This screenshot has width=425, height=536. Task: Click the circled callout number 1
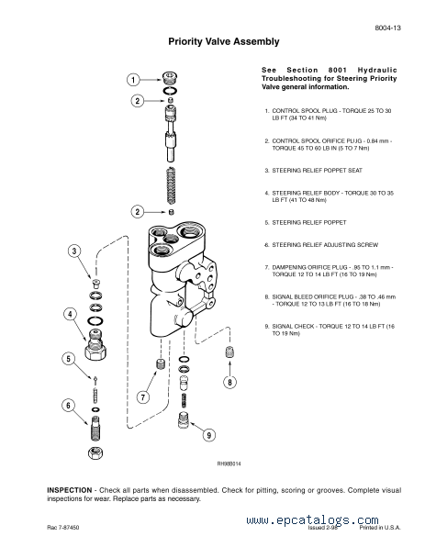click(133, 80)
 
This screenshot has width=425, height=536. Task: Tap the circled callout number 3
click(74, 251)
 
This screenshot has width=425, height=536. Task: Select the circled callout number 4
click(70, 314)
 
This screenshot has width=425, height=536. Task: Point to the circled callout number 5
click(68, 359)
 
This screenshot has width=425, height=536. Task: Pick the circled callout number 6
click(68, 406)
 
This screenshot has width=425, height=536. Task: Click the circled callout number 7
click(143, 397)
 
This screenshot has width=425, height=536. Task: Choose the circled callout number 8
click(229, 382)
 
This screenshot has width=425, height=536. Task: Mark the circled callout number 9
click(209, 435)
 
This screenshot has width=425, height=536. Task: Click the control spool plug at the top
click(170, 78)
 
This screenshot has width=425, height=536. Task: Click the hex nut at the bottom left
click(95, 453)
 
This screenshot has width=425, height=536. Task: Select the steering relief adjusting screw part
click(95, 429)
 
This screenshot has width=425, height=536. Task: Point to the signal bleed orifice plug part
click(229, 352)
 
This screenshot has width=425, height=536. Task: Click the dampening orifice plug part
click(160, 364)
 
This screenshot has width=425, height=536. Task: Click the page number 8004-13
click(387, 28)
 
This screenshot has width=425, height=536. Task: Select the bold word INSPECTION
click(70, 490)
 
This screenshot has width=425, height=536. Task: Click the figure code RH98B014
click(229, 463)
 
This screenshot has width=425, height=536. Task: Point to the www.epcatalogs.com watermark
click(312, 520)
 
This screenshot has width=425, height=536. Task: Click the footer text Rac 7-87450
click(63, 528)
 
